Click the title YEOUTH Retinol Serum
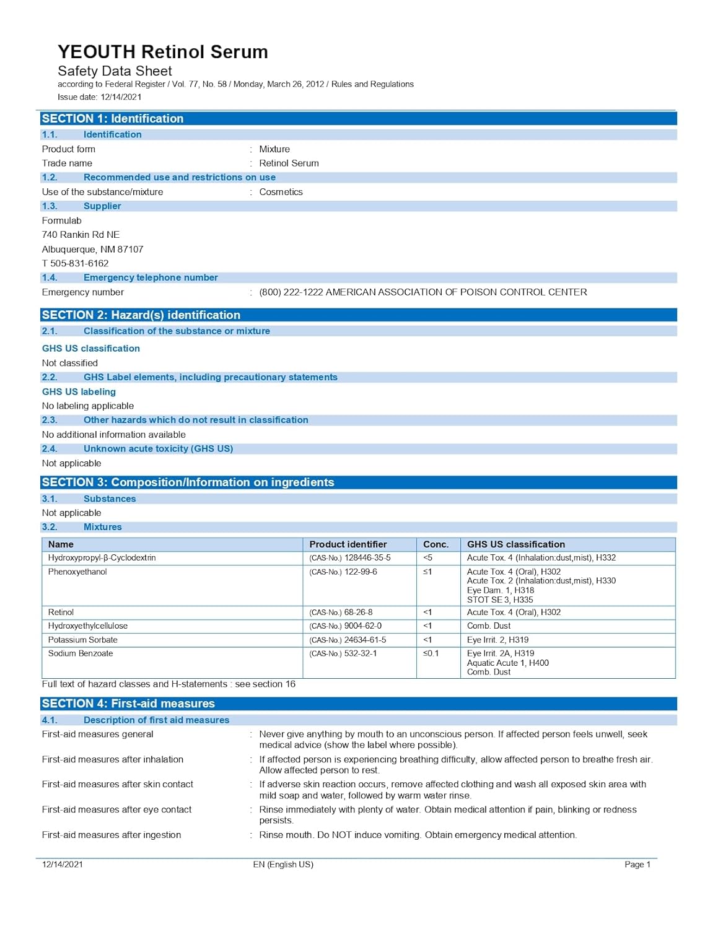(x=162, y=51)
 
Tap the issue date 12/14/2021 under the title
(x=121, y=97)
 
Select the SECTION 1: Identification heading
(x=113, y=118)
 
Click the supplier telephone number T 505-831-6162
(x=75, y=263)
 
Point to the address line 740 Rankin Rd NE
(x=81, y=235)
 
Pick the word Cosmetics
(x=281, y=192)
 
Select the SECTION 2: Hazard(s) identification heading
(x=141, y=315)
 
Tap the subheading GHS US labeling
(x=79, y=391)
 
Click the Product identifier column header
(x=348, y=544)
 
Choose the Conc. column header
(x=436, y=544)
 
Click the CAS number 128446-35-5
(x=367, y=558)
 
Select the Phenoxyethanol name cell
(x=77, y=572)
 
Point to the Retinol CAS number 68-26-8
(x=358, y=612)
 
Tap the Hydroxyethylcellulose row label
(x=88, y=626)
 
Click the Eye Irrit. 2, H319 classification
(x=497, y=640)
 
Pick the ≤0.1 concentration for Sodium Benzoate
(x=431, y=653)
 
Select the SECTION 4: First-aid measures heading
(x=128, y=704)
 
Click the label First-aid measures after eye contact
(x=116, y=809)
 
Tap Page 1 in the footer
(x=637, y=865)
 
